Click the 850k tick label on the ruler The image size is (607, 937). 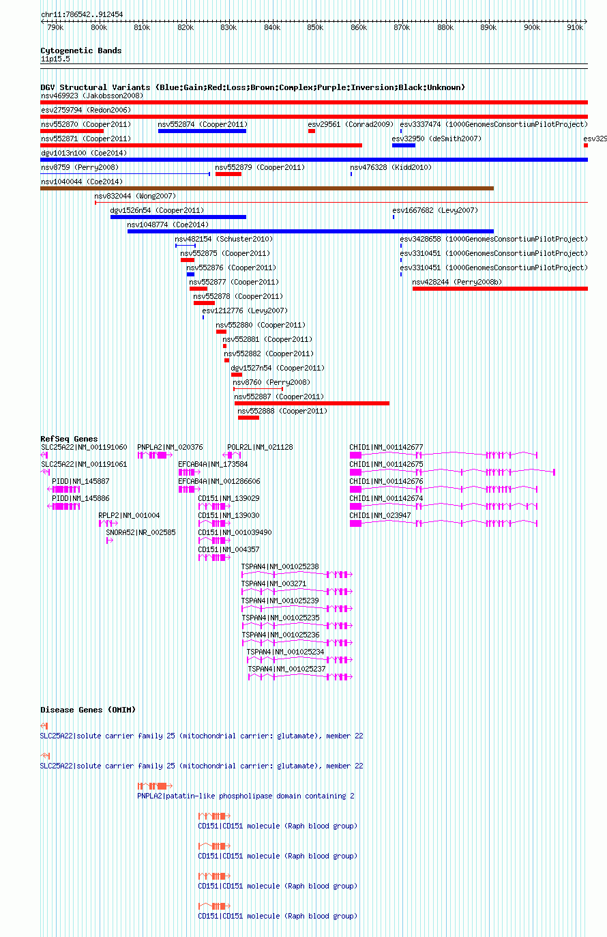(315, 27)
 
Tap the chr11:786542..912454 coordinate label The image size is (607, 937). (82, 14)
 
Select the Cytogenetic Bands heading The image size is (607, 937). (81, 51)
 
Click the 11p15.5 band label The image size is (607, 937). (56, 59)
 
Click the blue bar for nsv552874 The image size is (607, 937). (203, 131)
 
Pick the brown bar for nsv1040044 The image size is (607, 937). (267, 188)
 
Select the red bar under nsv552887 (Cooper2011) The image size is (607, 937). (312, 403)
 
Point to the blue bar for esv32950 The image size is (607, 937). (403, 145)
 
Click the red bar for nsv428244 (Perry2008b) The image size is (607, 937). (500, 289)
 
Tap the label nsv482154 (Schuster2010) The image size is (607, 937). (224, 240)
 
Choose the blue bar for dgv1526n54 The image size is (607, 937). (179, 217)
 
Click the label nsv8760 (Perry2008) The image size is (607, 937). (271, 382)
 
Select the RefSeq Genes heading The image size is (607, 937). (69, 439)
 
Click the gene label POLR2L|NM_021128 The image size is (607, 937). (260, 447)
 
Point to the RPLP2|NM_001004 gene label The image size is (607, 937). (129, 516)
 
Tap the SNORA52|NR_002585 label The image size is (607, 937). (141, 533)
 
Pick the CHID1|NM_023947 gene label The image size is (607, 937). (380, 516)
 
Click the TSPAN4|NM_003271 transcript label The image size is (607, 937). (273, 584)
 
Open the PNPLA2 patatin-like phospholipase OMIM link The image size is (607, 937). (246, 796)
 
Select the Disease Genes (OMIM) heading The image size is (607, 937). (88, 710)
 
